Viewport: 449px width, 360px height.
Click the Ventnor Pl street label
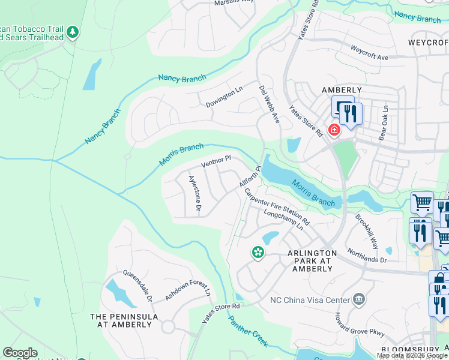[216, 161]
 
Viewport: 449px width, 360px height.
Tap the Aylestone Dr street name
[194, 193]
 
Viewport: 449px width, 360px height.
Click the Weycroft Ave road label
[369, 52]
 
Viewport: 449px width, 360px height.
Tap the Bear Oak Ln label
[384, 124]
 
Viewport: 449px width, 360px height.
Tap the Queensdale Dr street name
[137, 285]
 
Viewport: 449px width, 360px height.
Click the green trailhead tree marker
[73, 31]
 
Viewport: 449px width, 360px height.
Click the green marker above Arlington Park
[258, 253]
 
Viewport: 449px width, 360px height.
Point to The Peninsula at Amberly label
[124, 320]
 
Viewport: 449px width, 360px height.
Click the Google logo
[20, 353]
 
